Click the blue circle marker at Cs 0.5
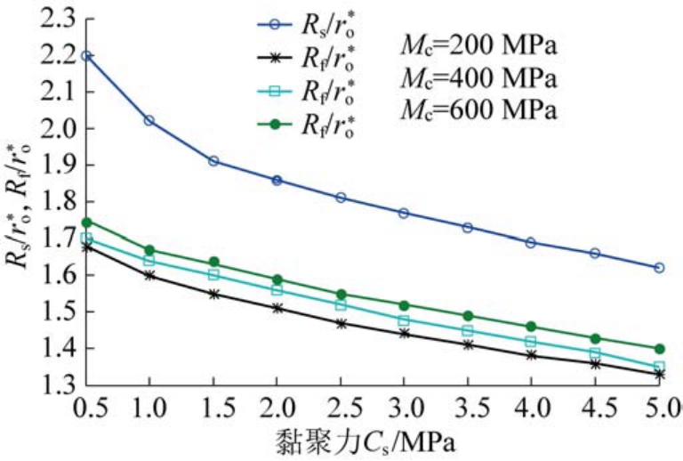(86, 55)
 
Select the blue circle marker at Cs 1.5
(213, 161)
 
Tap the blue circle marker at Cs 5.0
(659, 267)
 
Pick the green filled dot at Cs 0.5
(86, 222)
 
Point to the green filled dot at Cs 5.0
(659, 349)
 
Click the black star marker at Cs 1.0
(149, 275)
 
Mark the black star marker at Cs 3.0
(404, 333)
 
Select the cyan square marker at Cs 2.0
(277, 290)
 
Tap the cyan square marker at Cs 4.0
(531, 342)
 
